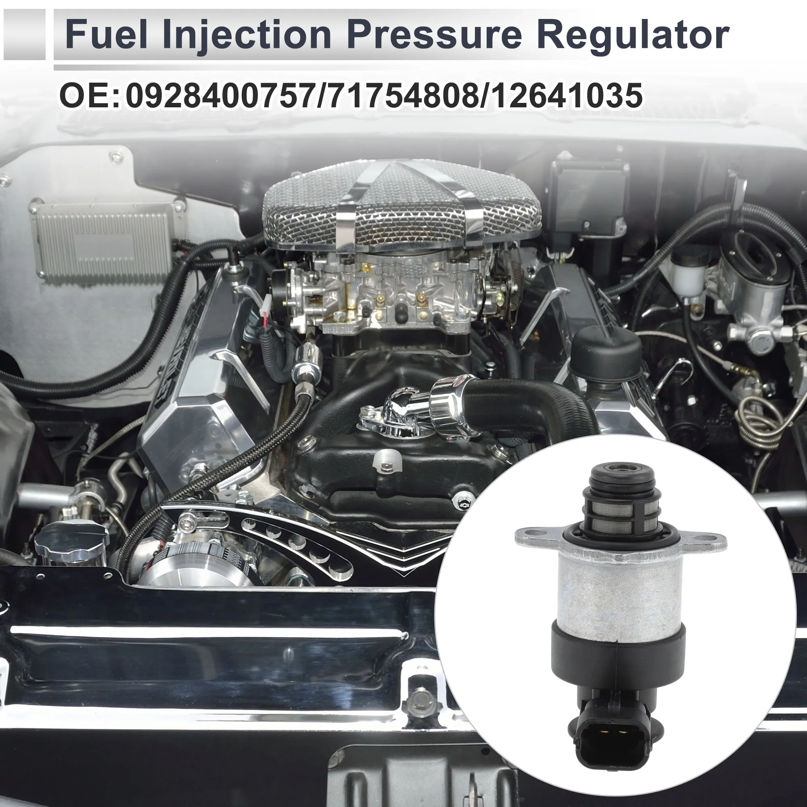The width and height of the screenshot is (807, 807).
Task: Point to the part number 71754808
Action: click(401, 96)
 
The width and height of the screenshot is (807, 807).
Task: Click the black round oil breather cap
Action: click(606, 351)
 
